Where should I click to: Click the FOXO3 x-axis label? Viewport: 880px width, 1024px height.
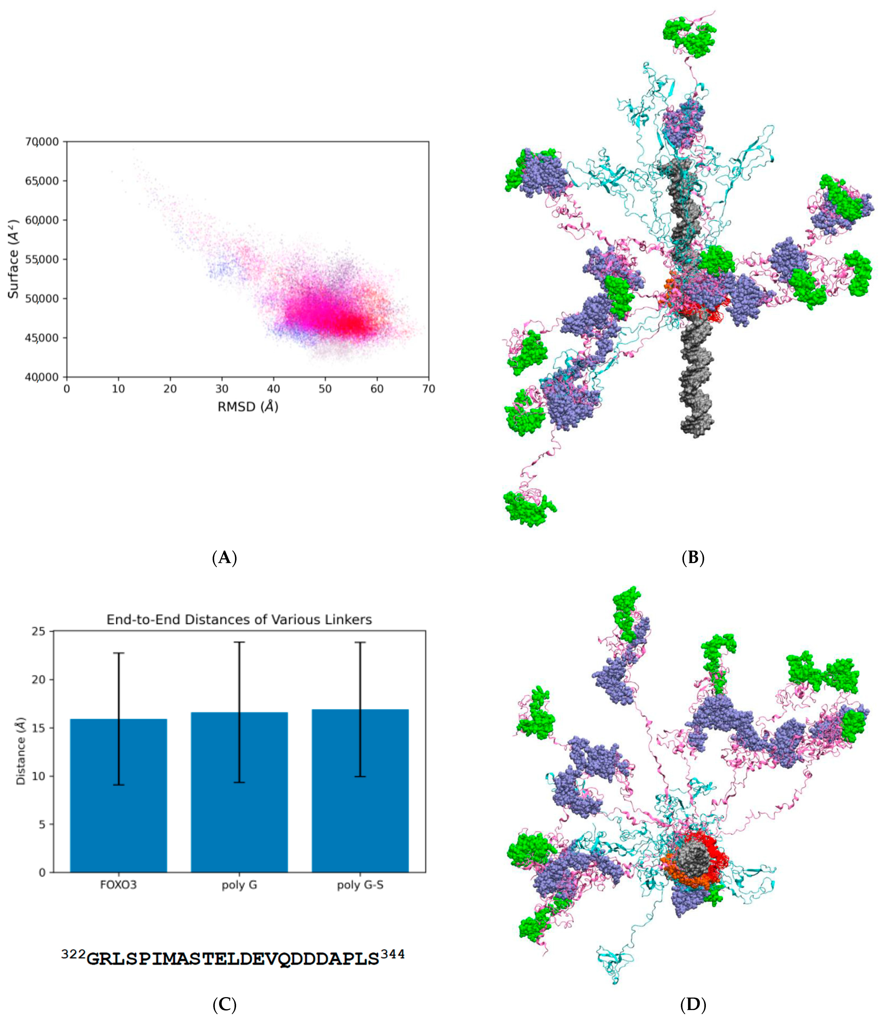pos(118,885)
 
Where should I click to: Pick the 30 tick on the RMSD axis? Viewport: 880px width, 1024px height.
pos(222,389)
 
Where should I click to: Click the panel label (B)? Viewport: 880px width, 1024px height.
pos(693,558)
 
